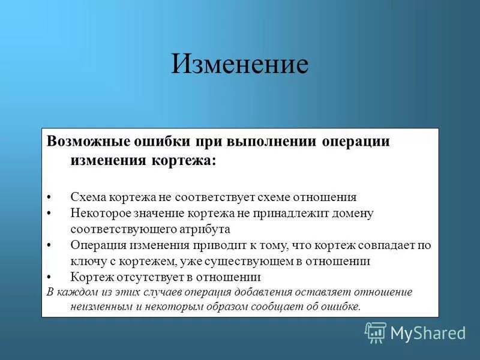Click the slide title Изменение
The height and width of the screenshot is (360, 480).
(x=239, y=64)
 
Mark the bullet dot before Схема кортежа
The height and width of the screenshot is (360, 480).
(x=49, y=197)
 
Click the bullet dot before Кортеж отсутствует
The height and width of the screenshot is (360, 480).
(x=49, y=278)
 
